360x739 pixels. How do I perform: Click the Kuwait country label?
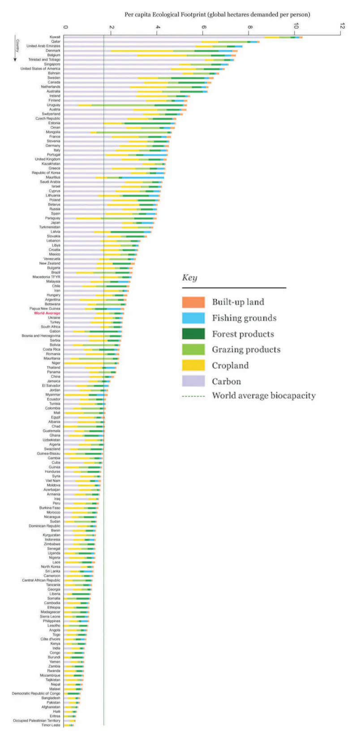[55, 37]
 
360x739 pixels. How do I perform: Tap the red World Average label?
[47, 313]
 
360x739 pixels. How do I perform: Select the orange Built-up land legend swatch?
[193, 302]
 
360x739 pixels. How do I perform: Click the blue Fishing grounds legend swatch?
[193, 318]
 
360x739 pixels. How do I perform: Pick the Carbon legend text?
[226, 382]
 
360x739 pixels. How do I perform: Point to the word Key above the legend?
[189, 278]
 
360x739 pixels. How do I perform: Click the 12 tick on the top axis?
[342, 27]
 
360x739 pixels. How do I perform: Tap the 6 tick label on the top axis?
[204, 27]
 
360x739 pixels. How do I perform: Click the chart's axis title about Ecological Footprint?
[217, 14]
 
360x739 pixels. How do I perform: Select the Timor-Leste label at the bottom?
[51, 725]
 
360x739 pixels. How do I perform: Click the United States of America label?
[40, 69]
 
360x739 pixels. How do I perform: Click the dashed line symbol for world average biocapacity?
[193, 396]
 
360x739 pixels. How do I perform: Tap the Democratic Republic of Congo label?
[36, 693]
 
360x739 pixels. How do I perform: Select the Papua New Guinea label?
[45, 309]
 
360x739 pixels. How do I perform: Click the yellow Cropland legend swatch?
[193, 365]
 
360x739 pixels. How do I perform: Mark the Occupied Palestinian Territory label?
[36, 721]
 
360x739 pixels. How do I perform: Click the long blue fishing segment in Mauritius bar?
[143, 177]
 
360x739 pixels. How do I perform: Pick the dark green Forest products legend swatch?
[193, 334]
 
